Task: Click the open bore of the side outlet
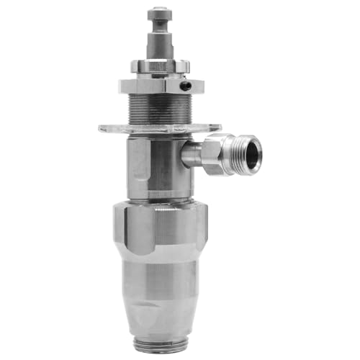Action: click(253, 153)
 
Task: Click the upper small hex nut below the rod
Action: click(158, 66)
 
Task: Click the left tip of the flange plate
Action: click(102, 129)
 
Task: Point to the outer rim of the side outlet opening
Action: click(260, 153)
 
